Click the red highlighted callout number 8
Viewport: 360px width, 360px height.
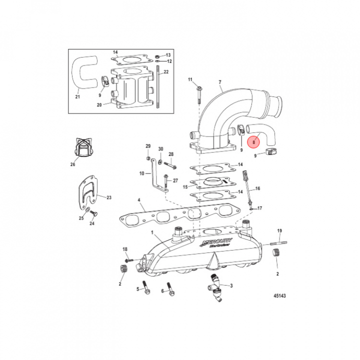pos(254,142)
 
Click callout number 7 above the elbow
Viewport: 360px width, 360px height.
pos(219,82)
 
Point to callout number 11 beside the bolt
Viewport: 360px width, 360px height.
pos(190,80)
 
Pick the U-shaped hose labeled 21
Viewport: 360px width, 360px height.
pos(81,75)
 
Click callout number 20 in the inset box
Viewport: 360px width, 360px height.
pos(99,104)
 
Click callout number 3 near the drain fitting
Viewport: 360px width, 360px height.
pos(231,286)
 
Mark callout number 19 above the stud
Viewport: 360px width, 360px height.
pos(279,230)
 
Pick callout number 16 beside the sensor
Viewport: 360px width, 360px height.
pos(258,188)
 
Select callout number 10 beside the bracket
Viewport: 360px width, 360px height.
pos(141,173)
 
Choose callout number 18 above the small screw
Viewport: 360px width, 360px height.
pos(125,249)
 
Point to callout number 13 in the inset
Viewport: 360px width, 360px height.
pos(168,54)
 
